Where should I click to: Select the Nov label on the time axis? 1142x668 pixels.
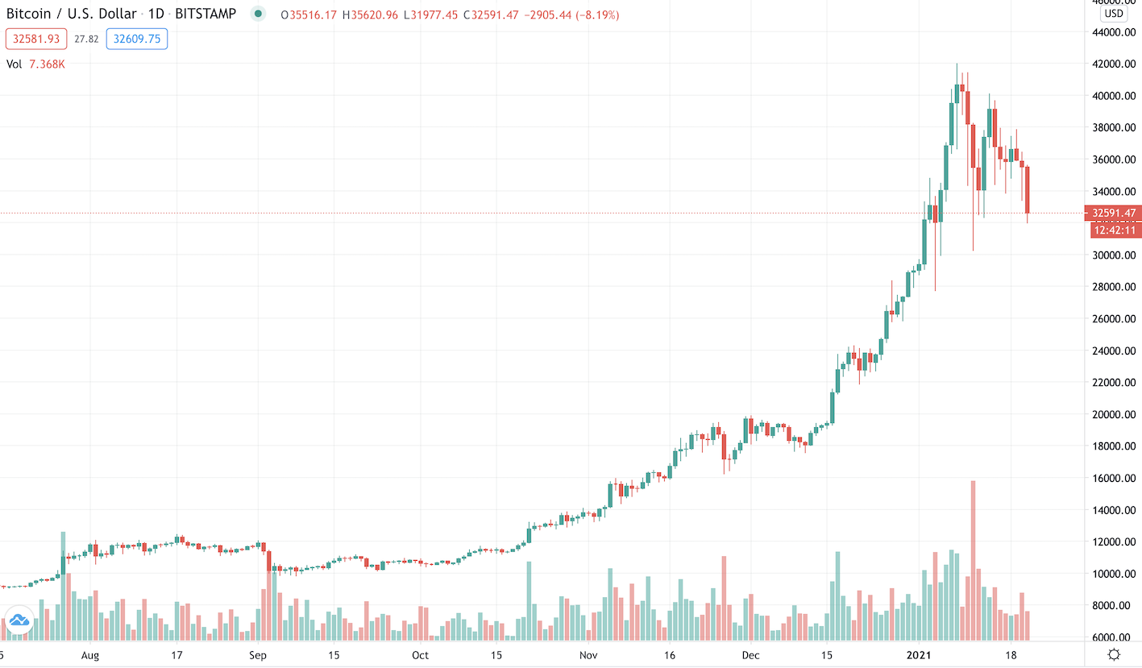[590, 655]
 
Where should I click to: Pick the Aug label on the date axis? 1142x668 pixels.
[89, 655]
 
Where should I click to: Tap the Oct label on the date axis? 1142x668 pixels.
[421, 655]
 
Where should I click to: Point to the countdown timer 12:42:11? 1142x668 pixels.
[1115, 230]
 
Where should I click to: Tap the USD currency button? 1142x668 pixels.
[1114, 13]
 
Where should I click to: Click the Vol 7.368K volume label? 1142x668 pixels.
[35, 64]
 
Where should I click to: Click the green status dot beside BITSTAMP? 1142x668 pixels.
[257, 15]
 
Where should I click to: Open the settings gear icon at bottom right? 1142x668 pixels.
[1114, 653]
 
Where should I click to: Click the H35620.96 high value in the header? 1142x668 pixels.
[363, 15]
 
